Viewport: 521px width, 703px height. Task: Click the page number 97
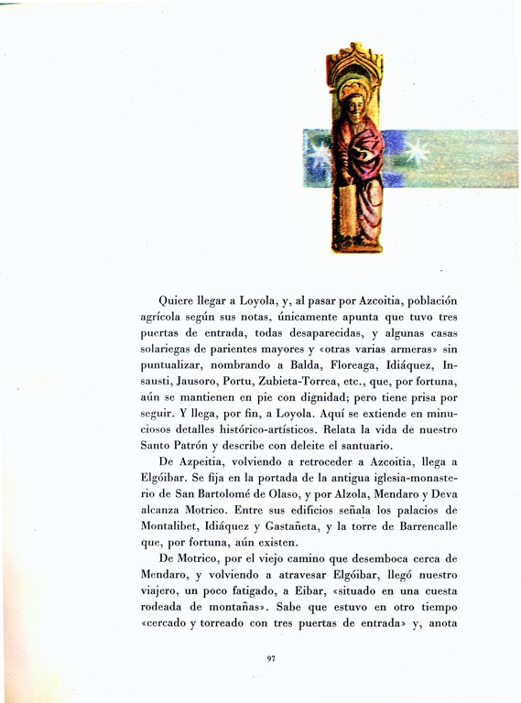tap(271, 657)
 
